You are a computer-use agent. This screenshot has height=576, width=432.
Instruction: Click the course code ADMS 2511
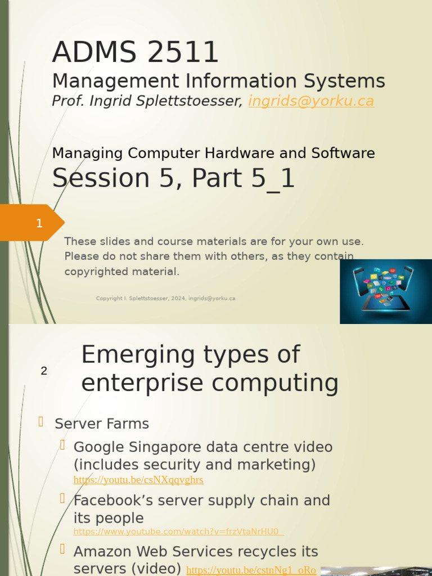[135, 52]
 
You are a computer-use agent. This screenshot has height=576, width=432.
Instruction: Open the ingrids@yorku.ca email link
[311, 101]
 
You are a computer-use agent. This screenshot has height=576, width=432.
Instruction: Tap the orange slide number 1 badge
[39, 223]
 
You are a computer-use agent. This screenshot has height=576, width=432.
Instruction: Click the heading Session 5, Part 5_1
[173, 178]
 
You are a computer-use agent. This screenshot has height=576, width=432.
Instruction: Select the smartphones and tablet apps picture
[385, 291]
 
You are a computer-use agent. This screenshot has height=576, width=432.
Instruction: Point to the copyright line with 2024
[165, 299]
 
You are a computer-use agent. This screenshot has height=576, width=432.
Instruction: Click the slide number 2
[44, 371]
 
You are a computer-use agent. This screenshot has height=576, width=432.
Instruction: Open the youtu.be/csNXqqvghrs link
[138, 480]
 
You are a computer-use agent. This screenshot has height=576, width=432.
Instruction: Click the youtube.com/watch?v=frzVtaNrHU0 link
[177, 532]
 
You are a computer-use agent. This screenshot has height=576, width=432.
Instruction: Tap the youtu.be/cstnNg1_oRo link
[251, 570]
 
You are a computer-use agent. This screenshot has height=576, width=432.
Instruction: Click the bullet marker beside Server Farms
[40, 421]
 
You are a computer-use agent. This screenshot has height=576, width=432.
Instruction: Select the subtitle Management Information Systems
[218, 81]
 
